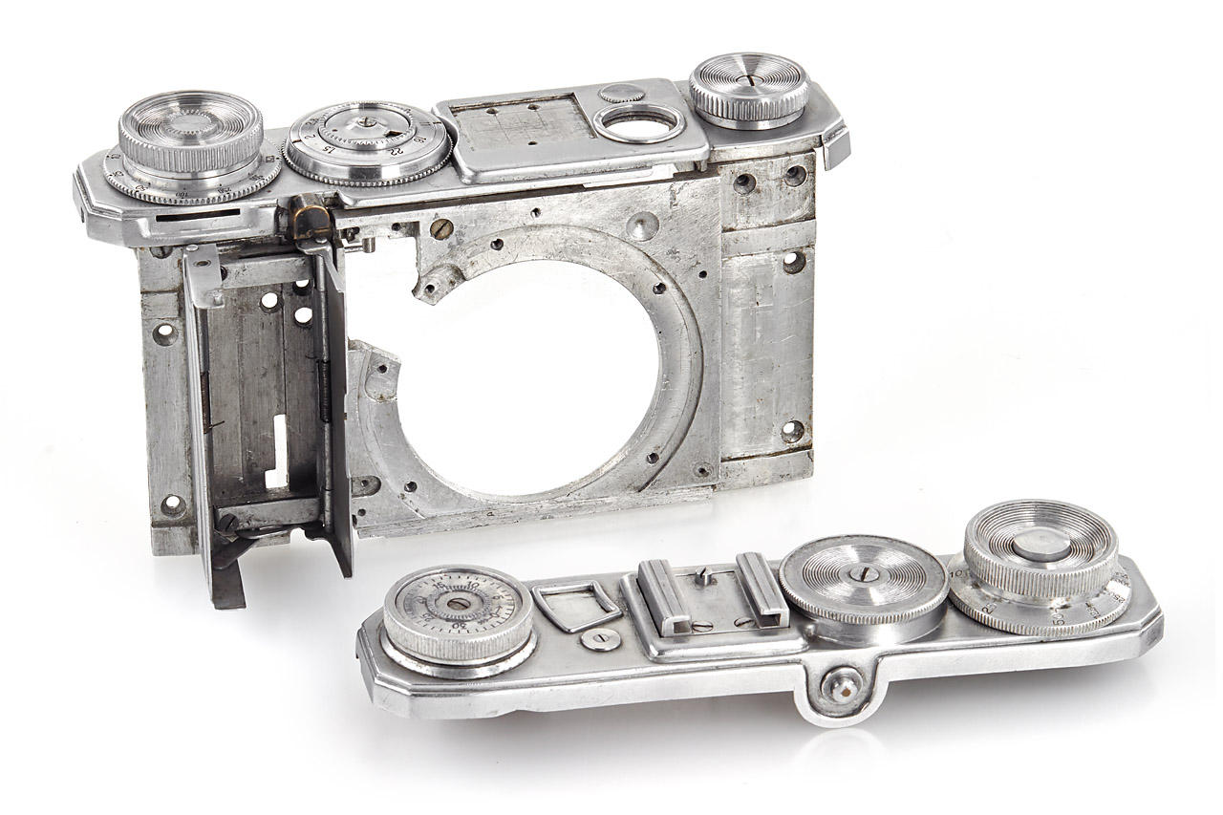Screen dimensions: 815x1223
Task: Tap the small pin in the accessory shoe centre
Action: click(705, 577)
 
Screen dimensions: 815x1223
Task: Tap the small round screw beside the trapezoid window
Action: click(601, 639)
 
